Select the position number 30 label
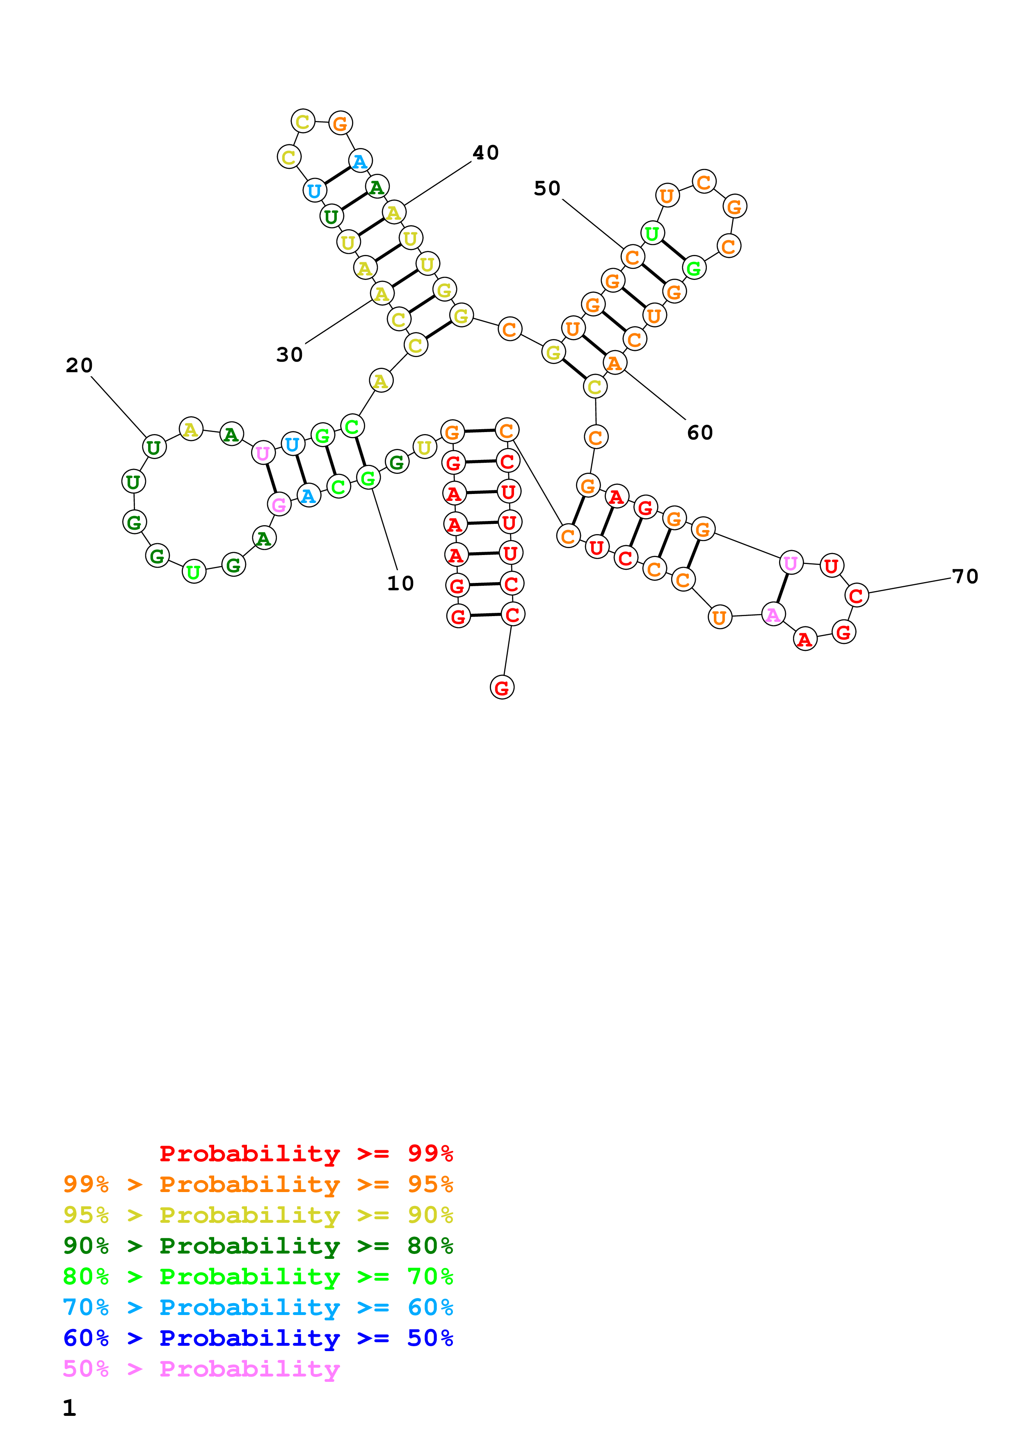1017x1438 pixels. [x=290, y=355]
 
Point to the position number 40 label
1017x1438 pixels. [x=486, y=153]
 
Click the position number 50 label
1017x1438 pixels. [x=547, y=189]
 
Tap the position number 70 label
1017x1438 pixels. [x=965, y=577]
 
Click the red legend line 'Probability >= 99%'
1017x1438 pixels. [x=306, y=1154]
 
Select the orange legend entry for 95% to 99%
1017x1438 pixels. [x=258, y=1184]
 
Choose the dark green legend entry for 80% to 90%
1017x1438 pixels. [x=258, y=1246]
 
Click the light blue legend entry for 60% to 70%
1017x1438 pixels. [x=258, y=1307]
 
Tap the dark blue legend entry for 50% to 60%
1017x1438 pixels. [x=258, y=1338]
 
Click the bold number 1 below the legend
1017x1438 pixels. [x=70, y=1408]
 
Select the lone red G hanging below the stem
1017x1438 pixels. [x=502, y=688]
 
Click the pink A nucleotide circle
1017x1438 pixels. [x=773, y=614]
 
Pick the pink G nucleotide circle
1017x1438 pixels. [x=279, y=504]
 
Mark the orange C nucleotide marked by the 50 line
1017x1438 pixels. [x=633, y=257]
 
